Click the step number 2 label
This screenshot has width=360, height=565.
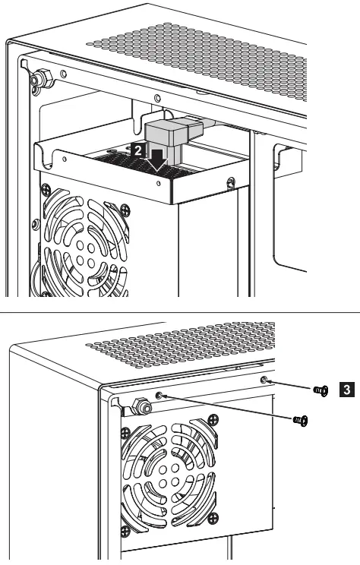tap(137, 150)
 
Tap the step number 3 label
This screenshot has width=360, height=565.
tap(346, 390)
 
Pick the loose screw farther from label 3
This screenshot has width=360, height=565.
tap(299, 418)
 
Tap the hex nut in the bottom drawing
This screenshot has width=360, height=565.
tap(141, 407)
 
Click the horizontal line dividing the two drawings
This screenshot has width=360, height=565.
tap(180, 311)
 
